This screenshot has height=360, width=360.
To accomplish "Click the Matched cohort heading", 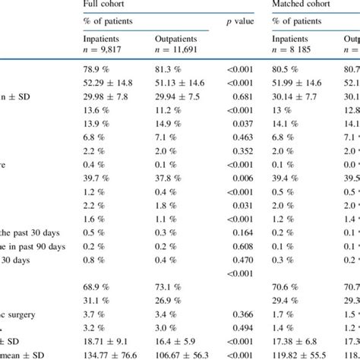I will pyautogui.click(x=305, y=5).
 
